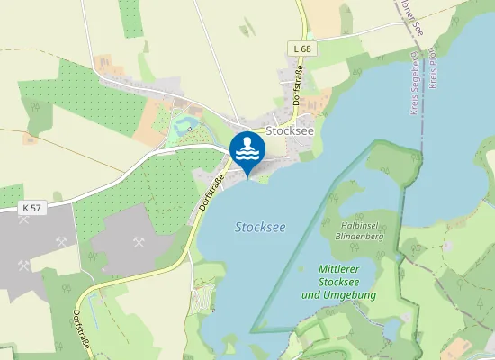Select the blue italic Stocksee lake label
(260, 228)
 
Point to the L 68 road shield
(302, 48)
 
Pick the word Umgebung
(354, 294)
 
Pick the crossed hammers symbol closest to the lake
(139, 241)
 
